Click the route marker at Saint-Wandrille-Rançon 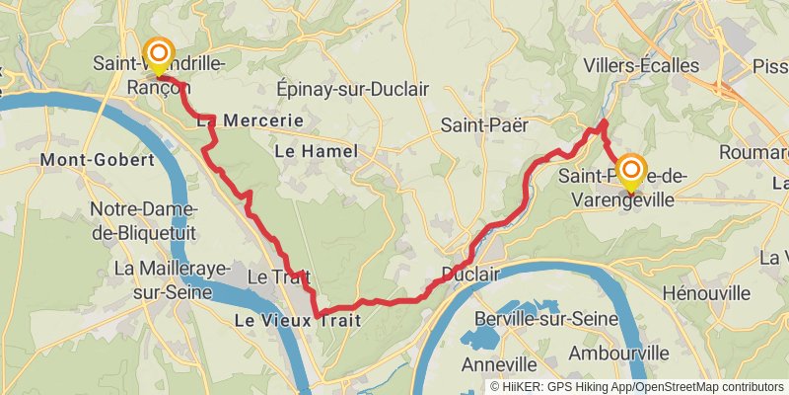pos(158,55)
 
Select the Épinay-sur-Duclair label pos(353,89)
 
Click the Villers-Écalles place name pos(641,66)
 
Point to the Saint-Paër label pos(485,125)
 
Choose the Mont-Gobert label pos(98,159)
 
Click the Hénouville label pos(707,293)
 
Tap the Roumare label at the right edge pos(753,152)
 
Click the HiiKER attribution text pos(636,387)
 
